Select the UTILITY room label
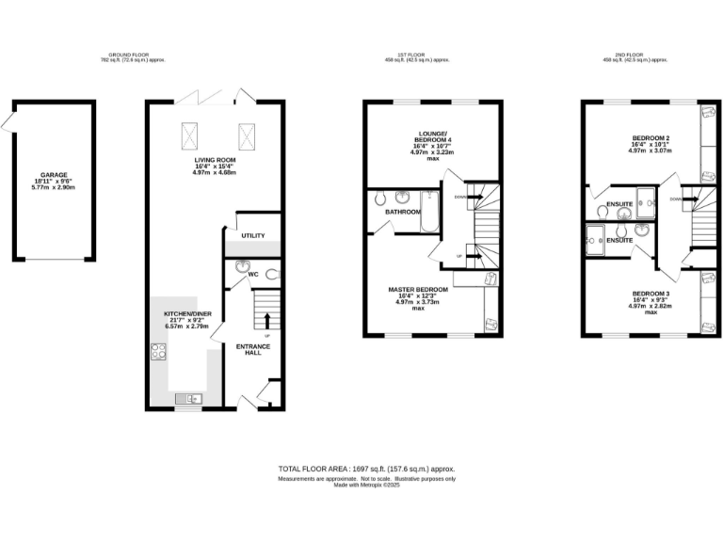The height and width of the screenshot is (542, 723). point(253,236)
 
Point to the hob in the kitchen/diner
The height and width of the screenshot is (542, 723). point(158,353)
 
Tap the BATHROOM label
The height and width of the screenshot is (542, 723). point(402,212)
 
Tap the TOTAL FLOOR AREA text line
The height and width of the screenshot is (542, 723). point(366,469)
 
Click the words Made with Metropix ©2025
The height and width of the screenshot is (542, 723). point(366,486)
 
